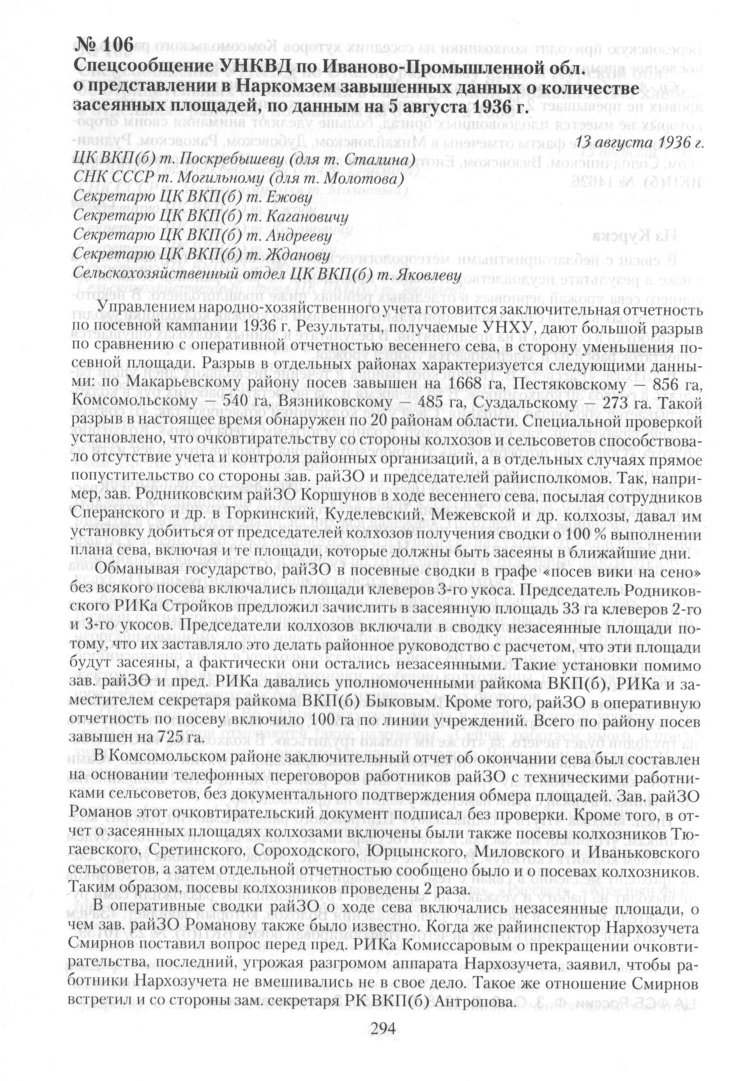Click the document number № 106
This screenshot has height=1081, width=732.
tap(104, 45)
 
